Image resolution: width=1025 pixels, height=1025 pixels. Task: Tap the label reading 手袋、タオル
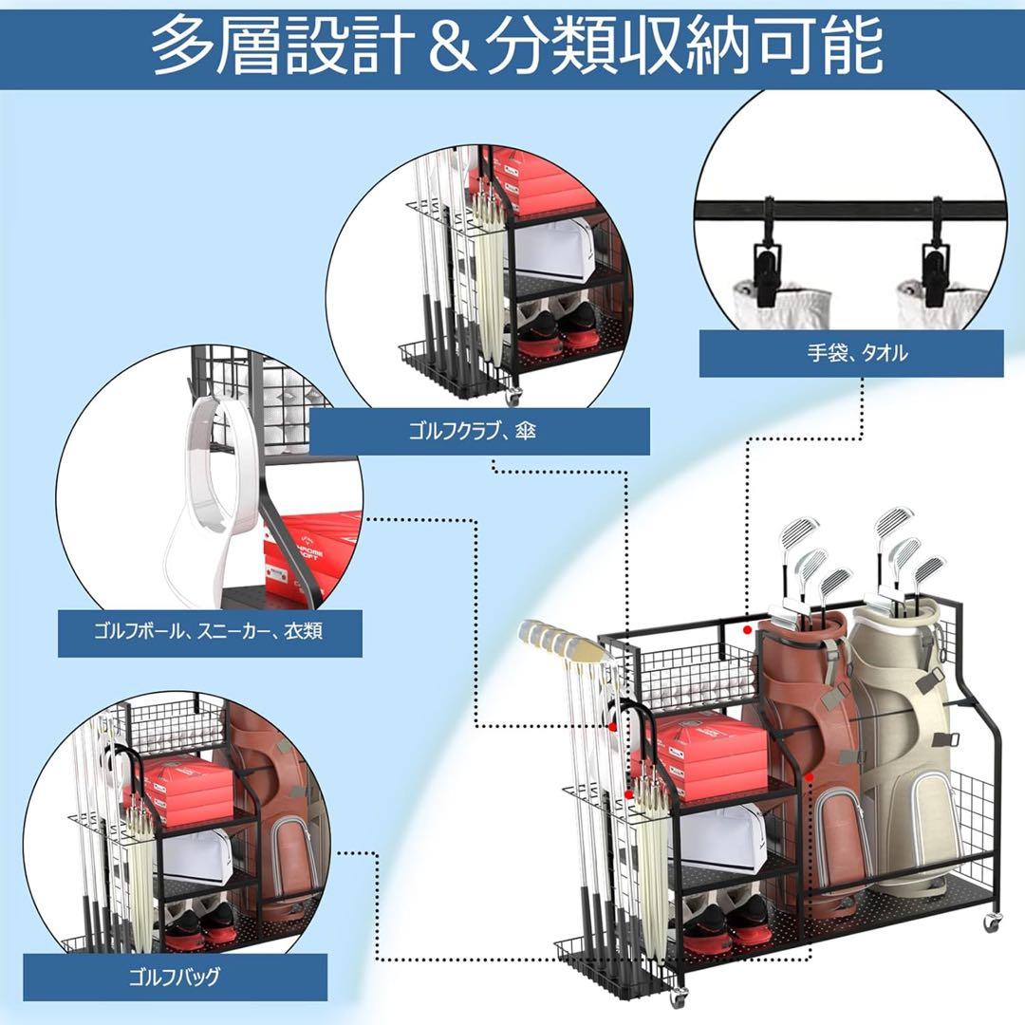(x=851, y=353)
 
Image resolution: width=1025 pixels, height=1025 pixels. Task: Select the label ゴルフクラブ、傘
(x=479, y=432)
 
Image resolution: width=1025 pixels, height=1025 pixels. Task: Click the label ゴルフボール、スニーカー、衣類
(x=209, y=631)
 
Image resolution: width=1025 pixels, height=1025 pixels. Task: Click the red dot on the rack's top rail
(x=749, y=629)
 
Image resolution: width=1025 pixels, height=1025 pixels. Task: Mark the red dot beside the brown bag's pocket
(x=808, y=777)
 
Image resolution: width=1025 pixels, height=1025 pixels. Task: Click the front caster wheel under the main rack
(x=680, y=997)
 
